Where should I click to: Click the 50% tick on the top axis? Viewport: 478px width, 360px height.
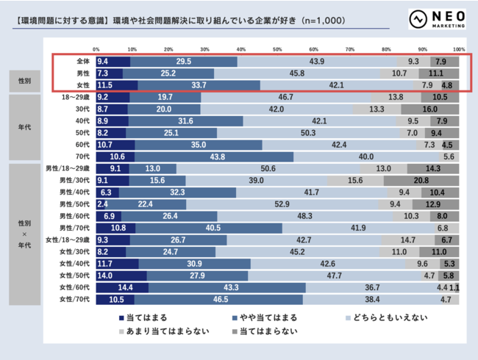(277, 49)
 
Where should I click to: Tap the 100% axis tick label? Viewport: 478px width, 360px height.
(458, 49)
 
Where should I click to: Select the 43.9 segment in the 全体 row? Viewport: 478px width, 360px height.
(318, 62)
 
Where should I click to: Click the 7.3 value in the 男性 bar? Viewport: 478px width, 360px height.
(103, 73)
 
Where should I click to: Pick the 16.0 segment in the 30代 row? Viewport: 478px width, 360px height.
(430, 109)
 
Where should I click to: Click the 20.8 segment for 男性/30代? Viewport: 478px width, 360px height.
(421, 180)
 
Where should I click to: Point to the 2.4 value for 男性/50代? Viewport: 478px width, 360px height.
(102, 204)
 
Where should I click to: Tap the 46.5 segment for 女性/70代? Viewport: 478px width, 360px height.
(219, 300)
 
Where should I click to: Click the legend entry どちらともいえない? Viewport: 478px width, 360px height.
(382, 317)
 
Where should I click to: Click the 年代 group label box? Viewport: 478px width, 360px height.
(24, 126)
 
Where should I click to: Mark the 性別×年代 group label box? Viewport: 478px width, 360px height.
(24, 234)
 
